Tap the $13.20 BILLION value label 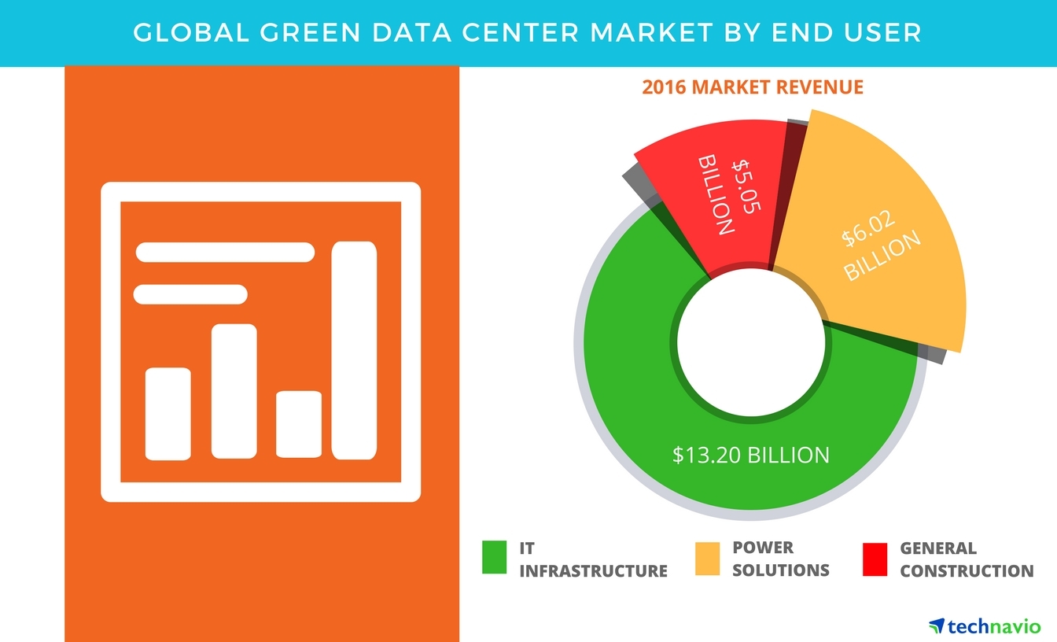coord(750,455)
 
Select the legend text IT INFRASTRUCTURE coord(593,559)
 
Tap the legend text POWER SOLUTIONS coord(780,559)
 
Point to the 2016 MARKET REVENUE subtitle coord(753,87)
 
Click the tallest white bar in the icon coord(354,350)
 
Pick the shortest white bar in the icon coord(299,424)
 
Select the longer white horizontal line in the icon coord(226,253)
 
